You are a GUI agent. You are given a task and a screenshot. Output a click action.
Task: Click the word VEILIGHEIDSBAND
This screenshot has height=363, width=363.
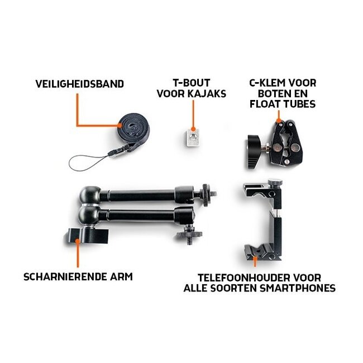point(79,84)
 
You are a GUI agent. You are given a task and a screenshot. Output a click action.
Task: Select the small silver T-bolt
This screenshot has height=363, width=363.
point(192,137)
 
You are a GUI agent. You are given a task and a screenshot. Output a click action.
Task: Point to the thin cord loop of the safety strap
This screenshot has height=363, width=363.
point(84,163)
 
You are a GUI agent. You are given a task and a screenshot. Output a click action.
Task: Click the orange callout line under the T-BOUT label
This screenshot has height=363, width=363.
point(192,114)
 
